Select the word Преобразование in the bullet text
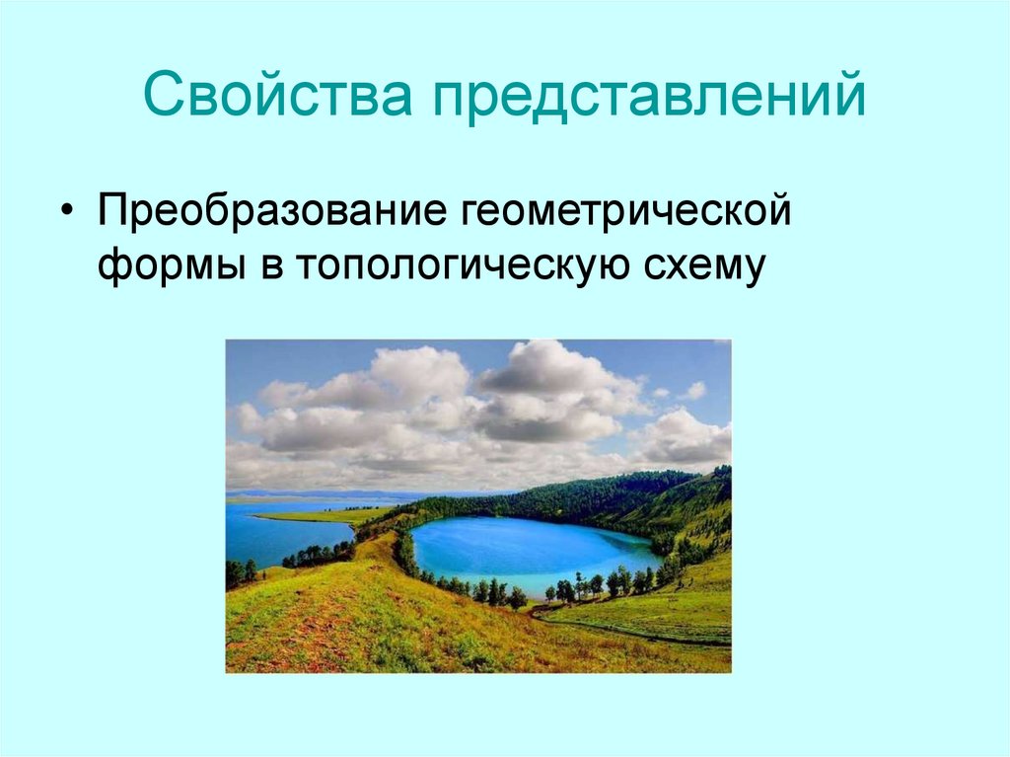click(270, 212)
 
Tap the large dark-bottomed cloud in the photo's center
click(552, 395)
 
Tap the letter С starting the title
click(159, 95)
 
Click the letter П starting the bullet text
click(109, 212)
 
